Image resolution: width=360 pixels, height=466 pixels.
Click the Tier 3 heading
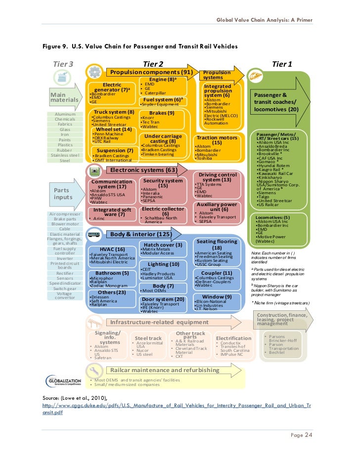coord(63,64)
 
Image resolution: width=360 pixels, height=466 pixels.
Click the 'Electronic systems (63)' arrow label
coord(136,170)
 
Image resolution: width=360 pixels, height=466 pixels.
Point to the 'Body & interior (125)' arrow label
coord(134,234)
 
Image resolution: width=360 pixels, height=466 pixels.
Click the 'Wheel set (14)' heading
coord(114,129)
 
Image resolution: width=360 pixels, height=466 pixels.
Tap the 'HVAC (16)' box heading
coord(112,250)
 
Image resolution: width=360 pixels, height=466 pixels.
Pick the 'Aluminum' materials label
coord(65,114)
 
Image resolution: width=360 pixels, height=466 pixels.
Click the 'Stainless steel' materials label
coord(65,155)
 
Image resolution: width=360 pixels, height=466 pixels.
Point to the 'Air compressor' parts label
coord(65,213)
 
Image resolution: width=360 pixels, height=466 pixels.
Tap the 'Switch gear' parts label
coord(65,288)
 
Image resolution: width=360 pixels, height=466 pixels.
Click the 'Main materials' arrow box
coord(65,96)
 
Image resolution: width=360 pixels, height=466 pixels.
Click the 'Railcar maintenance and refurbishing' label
coord(164,370)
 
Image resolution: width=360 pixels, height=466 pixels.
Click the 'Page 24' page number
coord(302,435)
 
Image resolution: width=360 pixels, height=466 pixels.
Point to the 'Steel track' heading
coord(148,338)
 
